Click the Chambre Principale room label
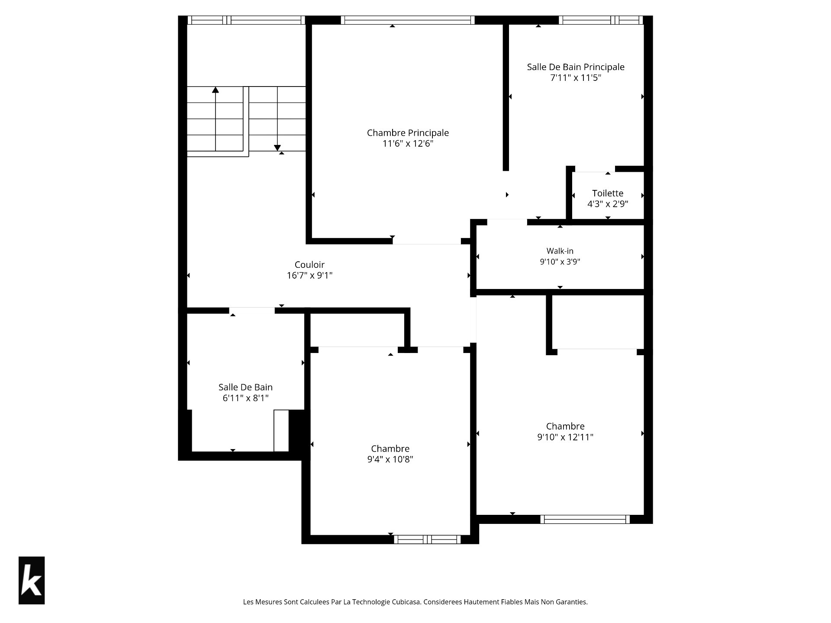click(408, 133)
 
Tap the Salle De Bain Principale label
click(576, 67)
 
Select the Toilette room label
click(608, 193)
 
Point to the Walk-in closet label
click(560, 251)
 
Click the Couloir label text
click(309, 265)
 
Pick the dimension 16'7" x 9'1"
click(309, 276)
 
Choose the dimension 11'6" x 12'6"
click(408, 144)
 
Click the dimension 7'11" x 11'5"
click(576, 78)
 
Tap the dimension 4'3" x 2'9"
click(608, 204)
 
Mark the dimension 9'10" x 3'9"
click(560, 262)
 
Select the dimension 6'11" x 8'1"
click(245, 398)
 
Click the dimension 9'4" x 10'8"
click(390, 459)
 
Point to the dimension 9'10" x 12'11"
click(565, 437)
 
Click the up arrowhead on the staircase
click(215, 90)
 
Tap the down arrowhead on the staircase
click(277, 148)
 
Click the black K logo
click(32, 580)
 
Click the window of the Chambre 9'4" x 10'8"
click(427, 540)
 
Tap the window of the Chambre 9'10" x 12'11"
click(585, 519)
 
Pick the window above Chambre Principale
click(408, 20)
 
